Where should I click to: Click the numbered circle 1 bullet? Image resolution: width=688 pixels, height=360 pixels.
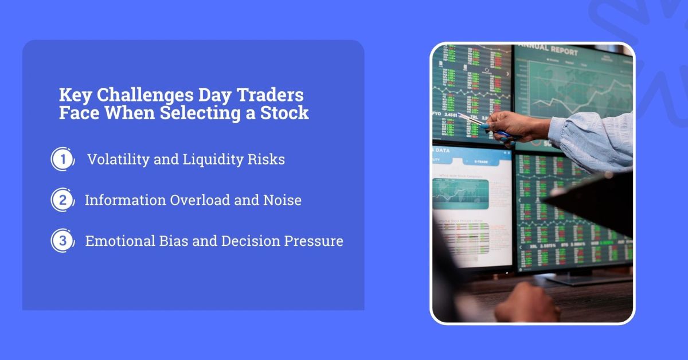[62, 159]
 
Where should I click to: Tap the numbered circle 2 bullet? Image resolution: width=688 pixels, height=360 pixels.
[62, 200]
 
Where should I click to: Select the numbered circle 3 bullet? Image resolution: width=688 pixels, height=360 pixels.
[62, 241]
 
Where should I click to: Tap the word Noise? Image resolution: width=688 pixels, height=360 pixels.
[280, 200]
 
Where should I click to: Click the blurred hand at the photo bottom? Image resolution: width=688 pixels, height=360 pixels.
[525, 304]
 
